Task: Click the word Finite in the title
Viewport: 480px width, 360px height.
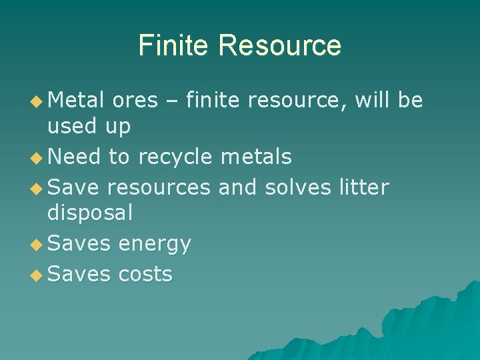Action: click(175, 45)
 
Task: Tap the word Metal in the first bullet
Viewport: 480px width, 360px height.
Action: click(76, 101)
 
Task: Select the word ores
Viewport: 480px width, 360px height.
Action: click(135, 101)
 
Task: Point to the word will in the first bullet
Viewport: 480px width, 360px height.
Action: click(375, 101)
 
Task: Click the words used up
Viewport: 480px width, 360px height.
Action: click(89, 125)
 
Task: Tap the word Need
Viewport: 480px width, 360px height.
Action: click(75, 157)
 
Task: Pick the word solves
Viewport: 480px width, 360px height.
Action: click(297, 188)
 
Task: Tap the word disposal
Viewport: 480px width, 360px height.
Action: click(90, 213)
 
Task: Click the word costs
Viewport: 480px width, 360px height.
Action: click(145, 274)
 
